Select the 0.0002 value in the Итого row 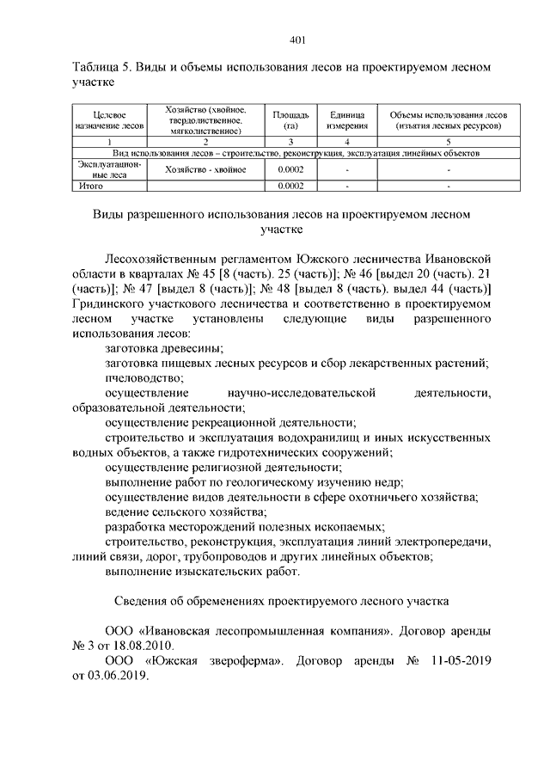[292, 185]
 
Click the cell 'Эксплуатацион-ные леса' [108, 169]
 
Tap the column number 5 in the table [448, 142]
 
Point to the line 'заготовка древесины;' [163, 347]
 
